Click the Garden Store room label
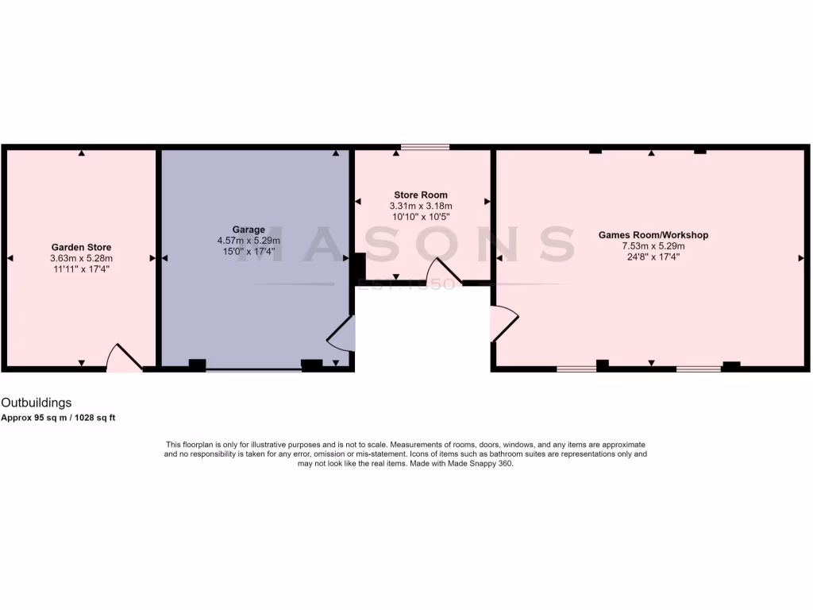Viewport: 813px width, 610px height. (81, 247)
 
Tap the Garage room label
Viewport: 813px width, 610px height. (249, 230)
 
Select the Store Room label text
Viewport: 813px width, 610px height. (421, 195)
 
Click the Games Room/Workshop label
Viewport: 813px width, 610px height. (653, 235)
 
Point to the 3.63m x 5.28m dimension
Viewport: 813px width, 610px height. (81, 258)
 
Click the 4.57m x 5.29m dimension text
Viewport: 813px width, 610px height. (249, 241)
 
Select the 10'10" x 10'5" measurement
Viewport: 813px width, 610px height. (421, 217)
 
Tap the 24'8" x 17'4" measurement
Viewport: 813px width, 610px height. (653, 257)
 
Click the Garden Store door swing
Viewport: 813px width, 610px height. (124, 358)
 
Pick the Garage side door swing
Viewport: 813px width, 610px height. (342, 334)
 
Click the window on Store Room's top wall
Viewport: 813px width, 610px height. (425, 147)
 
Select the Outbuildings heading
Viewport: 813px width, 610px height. (36, 403)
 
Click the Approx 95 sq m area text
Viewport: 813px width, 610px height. (58, 418)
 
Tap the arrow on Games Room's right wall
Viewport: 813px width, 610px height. (800, 258)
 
